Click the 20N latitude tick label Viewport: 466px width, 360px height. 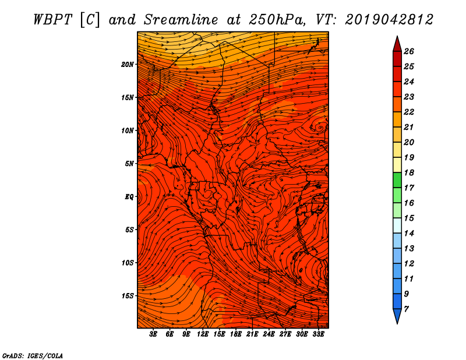point(128,65)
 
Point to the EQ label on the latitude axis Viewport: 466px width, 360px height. point(129,197)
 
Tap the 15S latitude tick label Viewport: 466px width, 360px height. point(128,296)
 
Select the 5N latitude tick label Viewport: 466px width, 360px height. point(129,164)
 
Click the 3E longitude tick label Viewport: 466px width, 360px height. point(153,334)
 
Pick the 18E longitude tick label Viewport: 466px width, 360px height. point(236,334)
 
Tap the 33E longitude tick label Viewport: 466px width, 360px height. point(318,334)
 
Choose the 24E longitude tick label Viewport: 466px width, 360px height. point(269,334)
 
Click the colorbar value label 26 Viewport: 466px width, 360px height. point(409,51)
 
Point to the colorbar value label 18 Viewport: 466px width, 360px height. point(409,172)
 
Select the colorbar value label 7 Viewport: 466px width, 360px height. point(406,309)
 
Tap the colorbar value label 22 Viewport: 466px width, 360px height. point(409,112)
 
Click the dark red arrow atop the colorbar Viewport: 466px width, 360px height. point(397,44)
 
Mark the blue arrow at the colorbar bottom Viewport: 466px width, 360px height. point(397,316)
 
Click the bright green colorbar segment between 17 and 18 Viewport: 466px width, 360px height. point(397,180)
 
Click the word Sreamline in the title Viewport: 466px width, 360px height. point(181,20)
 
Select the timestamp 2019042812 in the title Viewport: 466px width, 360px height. point(389,20)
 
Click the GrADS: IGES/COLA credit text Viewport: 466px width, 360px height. point(33,356)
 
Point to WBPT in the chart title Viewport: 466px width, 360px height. point(52,20)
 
